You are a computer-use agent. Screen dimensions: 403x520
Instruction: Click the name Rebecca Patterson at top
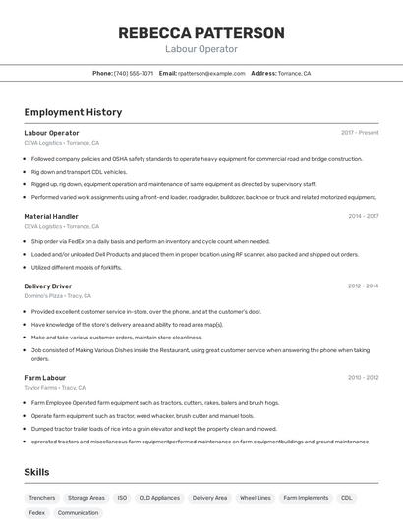click(x=201, y=33)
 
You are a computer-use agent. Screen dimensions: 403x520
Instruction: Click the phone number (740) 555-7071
click(x=134, y=74)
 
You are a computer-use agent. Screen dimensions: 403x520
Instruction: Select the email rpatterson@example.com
click(x=211, y=74)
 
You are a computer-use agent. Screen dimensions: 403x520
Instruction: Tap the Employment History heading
click(x=73, y=112)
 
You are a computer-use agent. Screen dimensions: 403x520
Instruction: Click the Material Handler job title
click(x=51, y=216)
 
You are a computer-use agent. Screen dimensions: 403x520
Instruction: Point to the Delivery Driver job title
click(x=48, y=286)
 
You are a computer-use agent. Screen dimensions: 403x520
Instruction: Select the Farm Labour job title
click(x=45, y=377)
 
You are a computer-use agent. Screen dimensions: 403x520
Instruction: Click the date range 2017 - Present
click(x=360, y=133)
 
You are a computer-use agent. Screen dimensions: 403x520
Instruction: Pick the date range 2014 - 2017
click(x=363, y=216)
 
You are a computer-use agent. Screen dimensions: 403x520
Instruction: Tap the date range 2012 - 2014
click(x=363, y=286)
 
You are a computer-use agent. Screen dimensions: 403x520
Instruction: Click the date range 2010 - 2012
click(x=363, y=377)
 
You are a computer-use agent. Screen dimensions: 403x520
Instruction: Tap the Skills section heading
click(x=37, y=472)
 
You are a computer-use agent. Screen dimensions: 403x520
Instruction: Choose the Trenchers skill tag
click(x=42, y=498)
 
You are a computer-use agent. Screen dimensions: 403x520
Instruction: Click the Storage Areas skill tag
click(x=86, y=498)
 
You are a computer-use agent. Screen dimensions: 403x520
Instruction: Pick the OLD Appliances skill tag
click(x=158, y=498)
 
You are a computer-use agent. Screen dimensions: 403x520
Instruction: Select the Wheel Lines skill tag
click(x=256, y=498)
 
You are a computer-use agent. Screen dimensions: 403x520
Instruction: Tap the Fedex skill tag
click(x=37, y=513)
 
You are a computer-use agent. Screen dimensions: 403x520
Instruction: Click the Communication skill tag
click(x=79, y=513)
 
